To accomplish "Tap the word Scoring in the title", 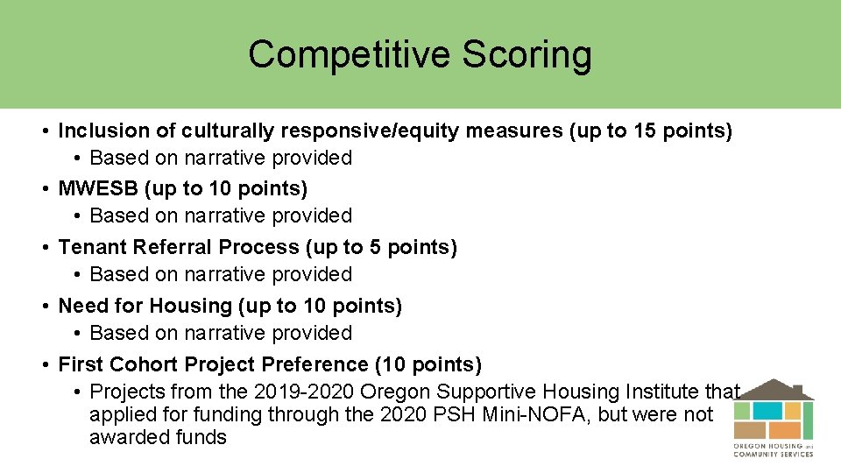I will pos(527,54).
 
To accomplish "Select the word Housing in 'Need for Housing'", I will pos(186,307).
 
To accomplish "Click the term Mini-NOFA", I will pos(540,414).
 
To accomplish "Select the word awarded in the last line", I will pos(123,437).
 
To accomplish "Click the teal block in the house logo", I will pos(767,410).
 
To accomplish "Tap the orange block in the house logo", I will pos(784,430).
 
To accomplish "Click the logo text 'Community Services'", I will pos(774,454).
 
